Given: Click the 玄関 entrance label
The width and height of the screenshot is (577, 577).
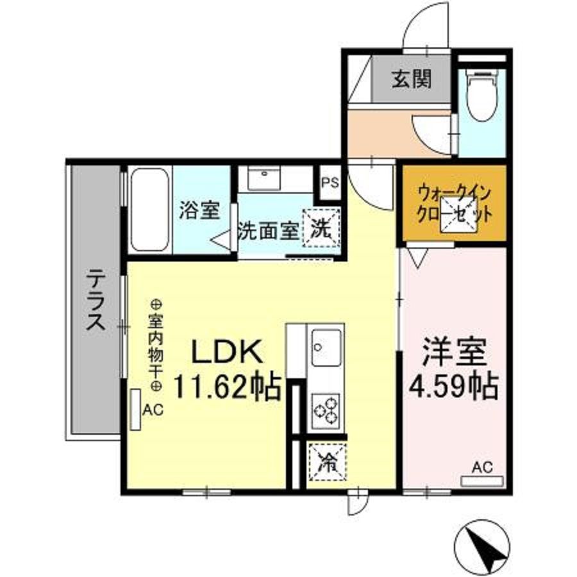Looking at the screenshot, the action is tap(411, 78).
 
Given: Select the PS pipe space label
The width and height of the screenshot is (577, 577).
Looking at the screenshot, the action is tap(330, 183).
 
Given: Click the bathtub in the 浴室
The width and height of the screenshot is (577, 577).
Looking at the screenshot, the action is tap(150, 210).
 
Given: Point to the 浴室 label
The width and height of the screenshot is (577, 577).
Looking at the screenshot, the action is tap(199, 210).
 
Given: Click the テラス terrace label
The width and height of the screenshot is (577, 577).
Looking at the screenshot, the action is tap(96, 300).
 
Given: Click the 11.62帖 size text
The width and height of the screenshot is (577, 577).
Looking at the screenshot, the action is tap(227, 387).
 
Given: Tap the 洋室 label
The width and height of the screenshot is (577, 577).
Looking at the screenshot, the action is tap(455, 351).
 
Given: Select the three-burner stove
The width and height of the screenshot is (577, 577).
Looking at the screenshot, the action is tap(326, 411).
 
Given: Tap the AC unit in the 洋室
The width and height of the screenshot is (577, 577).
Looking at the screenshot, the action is tap(482, 481).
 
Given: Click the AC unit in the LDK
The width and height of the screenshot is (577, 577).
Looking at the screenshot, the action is tap(135, 409).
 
